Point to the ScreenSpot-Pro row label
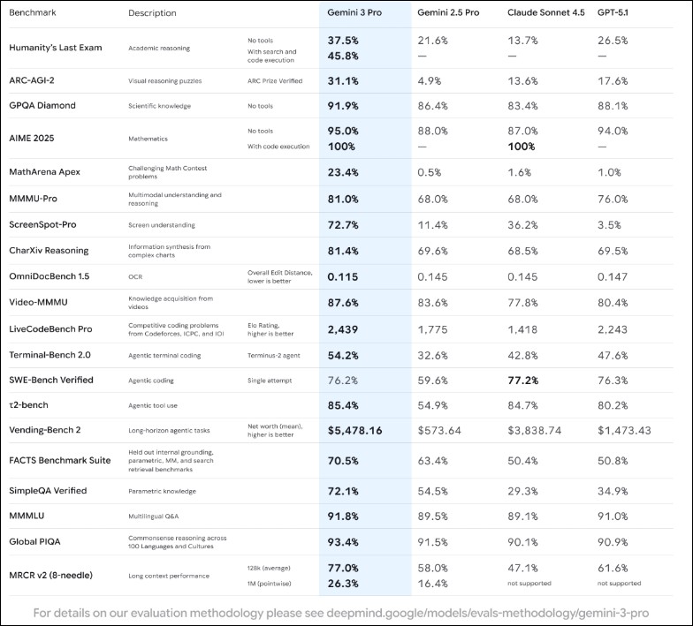46,224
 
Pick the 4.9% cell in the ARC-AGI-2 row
430,80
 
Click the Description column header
152,13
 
